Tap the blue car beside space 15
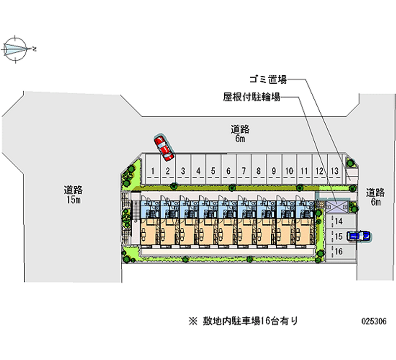[x=358, y=237]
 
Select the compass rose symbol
[x=15, y=49]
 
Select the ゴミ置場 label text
[x=268, y=80]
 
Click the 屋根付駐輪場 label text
[x=251, y=97]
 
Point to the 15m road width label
[x=73, y=200]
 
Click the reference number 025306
[x=374, y=321]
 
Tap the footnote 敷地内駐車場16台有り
[x=250, y=321]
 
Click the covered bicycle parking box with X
[x=337, y=207]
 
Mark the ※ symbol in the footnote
[x=193, y=321]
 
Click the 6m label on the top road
[x=240, y=139]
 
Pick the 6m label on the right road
[x=376, y=202]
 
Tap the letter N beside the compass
[x=34, y=49]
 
